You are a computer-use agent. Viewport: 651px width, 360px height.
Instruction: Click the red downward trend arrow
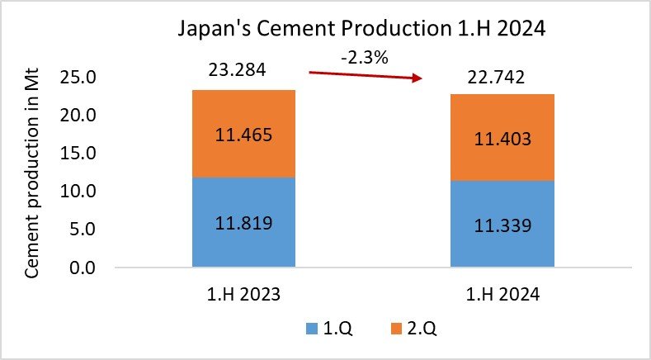[x=365, y=76]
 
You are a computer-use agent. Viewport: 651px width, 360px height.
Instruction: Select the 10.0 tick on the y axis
[x=81, y=192]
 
